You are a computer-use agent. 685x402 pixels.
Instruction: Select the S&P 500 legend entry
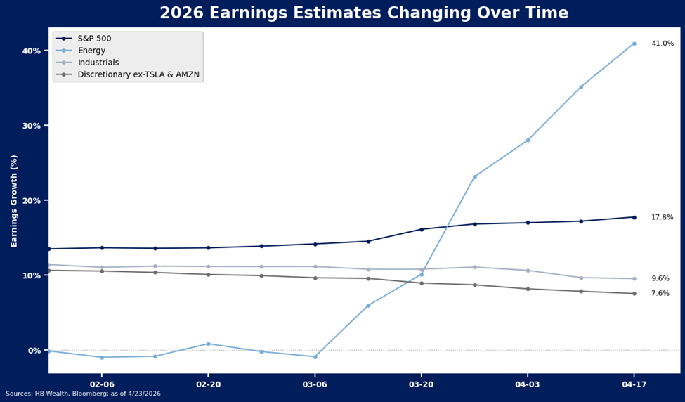94,39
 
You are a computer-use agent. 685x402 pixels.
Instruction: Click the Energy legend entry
91,51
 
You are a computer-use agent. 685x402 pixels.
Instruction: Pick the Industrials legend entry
98,63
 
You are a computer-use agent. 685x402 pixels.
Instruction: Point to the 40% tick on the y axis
32,51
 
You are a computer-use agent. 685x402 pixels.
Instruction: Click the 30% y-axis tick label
32,126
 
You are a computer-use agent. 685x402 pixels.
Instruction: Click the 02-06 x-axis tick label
102,384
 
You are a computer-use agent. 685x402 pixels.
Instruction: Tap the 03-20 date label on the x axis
421,384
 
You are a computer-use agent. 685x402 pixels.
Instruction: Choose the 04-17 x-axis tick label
634,384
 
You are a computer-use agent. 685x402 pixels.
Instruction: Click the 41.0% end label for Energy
662,44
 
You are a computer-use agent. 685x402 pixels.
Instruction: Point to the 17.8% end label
662,218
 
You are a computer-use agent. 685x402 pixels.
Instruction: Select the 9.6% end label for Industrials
660,279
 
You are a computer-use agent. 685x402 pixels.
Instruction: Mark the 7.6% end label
660,294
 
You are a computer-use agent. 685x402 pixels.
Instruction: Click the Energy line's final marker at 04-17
634,44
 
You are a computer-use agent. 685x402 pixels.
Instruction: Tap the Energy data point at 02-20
208,344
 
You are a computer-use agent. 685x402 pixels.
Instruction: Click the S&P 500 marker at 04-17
634,217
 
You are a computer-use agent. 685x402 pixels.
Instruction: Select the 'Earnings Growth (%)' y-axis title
14,201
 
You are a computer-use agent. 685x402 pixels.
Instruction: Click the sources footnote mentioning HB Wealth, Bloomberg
83,394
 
